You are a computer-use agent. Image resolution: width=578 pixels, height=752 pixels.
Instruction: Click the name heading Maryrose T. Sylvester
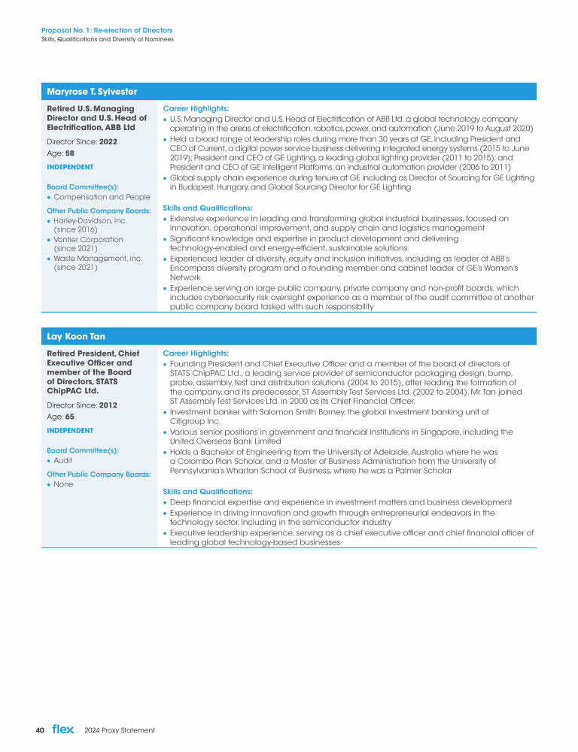pyautogui.click(x=92, y=92)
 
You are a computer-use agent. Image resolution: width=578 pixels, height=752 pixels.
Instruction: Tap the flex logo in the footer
pyautogui.click(x=63, y=729)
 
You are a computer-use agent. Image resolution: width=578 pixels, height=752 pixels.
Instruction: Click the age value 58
pyautogui.click(x=69, y=153)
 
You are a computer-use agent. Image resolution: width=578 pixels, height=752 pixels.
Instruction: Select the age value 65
pyautogui.click(x=69, y=417)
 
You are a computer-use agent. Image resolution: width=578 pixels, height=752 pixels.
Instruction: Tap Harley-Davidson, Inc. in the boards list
pyautogui.click(x=90, y=221)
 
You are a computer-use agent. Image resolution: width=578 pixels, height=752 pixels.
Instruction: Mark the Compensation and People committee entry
pyautogui.click(x=102, y=197)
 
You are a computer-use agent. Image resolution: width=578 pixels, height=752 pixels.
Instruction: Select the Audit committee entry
pyautogui.click(x=63, y=460)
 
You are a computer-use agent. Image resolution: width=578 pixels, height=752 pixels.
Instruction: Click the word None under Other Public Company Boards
pyautogui.click(x=63, y=485)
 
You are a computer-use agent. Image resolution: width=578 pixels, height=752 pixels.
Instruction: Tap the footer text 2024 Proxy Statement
pyautogui.click(x=120, y=730)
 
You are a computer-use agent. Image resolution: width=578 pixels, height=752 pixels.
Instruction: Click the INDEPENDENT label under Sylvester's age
pyautogui.click(x=70, y=167)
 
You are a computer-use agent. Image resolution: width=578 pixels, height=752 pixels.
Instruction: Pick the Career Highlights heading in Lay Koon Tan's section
pyautogui.click(x=196, y=353)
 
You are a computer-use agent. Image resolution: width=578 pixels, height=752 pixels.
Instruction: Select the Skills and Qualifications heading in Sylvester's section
pyautogui.click(x=208, y=208)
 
